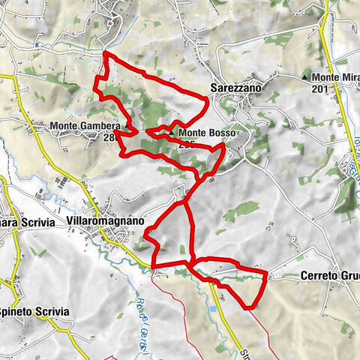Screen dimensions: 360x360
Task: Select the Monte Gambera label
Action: click(85, 127)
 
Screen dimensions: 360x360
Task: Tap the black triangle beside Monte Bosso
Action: click(172, 133)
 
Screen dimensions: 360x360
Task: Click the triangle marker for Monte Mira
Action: click(304, 77)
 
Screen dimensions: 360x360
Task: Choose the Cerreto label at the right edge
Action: click(329, 275)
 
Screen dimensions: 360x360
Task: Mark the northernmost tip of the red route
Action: click(103, 54)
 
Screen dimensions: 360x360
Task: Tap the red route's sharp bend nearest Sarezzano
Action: click(207, 99)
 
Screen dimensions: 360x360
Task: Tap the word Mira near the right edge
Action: click(346, 77)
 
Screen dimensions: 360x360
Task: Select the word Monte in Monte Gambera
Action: click(65, 127)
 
